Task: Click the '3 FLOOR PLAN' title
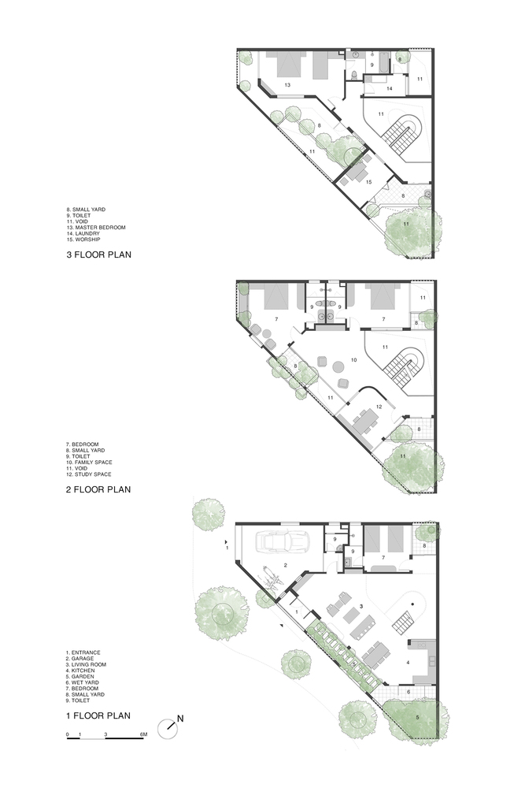point(98,255)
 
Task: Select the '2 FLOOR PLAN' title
point(98,489)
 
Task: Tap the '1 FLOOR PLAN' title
point(98,716)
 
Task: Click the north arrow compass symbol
point(168,728)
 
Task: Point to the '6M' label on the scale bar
point(142,734)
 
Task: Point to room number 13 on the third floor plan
point(287,85)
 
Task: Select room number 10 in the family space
point(354,360)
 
